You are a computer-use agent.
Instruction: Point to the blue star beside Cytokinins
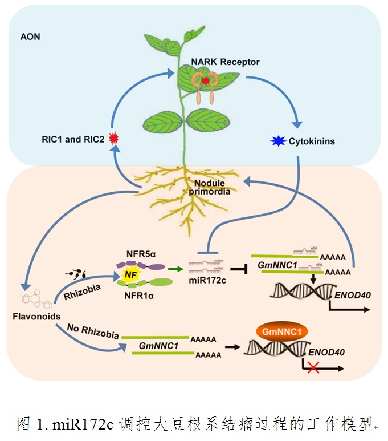click(279, 141)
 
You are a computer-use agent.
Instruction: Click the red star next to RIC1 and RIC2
click(113, 137)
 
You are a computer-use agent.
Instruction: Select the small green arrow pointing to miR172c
click(177, 267)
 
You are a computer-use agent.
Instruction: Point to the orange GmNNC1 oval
click(281, 331)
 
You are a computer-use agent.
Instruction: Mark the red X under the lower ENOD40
click(312, 369)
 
